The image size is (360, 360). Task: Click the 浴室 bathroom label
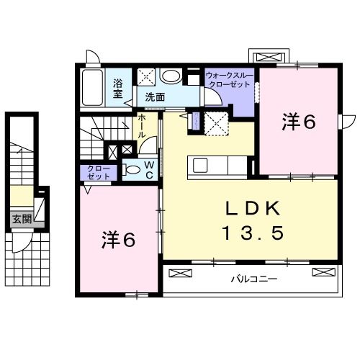118,87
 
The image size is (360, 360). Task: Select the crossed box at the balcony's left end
179,272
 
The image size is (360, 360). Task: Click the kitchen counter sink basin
200,165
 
